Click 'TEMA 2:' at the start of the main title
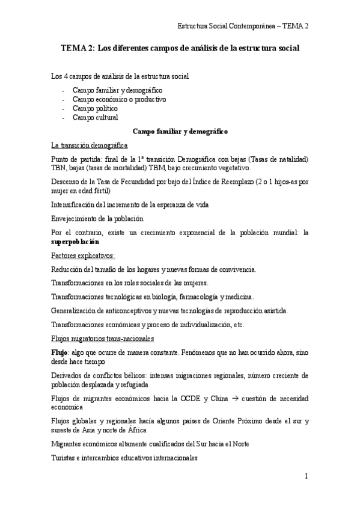click(x=79, y=47)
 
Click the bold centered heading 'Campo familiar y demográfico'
click(x=180, y=131)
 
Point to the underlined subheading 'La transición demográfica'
click(x=89, y=145)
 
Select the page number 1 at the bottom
click(x=306, y=477)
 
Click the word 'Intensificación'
click(x=73, y=204)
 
